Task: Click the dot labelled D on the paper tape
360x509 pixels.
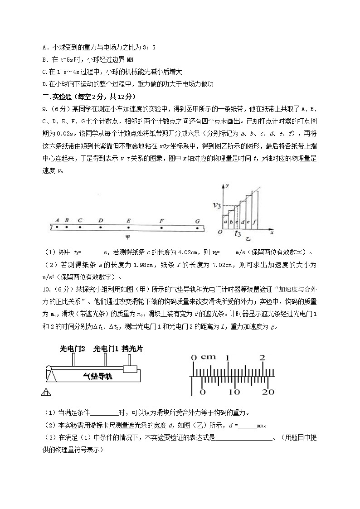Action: point(100,227)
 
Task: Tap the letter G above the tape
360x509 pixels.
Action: point(197,221)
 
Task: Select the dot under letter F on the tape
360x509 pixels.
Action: point(161,227)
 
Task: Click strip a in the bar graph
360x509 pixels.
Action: point(225,222)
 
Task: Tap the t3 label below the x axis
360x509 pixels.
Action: point(238,234)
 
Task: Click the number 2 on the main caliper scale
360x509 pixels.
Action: point(263,357)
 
